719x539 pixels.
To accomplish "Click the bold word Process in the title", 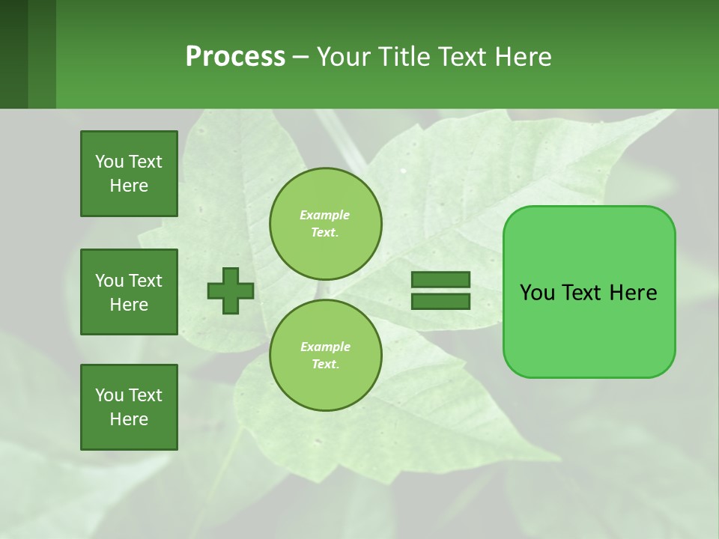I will point(235,57).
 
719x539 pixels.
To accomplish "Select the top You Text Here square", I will point(129,174).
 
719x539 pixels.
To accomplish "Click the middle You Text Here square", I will point(129,292).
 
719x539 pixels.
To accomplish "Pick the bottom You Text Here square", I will point(129,407).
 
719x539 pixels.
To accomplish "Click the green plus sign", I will point(230,291).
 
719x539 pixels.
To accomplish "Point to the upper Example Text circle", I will point(325,224).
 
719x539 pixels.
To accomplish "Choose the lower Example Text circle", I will point(325,356).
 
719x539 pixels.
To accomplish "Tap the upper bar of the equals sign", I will point(440,280).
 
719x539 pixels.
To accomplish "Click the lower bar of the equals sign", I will point(440,302).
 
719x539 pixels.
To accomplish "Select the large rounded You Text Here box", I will point(589,292).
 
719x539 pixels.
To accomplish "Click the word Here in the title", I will point(522,57).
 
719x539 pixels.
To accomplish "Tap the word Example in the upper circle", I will point(325,215).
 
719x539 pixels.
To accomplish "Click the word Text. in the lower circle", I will point(325,365).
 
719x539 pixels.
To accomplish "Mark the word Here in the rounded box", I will point(633,293).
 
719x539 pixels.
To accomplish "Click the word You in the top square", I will point(109,162).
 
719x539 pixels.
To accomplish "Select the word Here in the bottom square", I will point(129,419).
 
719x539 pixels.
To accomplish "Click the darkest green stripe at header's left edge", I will point(13,54).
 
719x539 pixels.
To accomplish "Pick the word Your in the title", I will point(344,57).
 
